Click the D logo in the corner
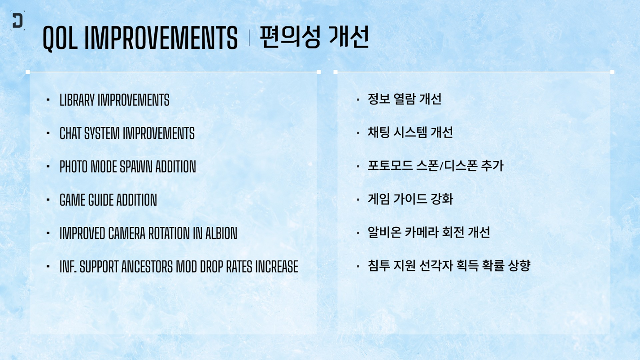[x=17, y=21]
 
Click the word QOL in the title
[x=60, y=38]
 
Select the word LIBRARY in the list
[x=77, y=100]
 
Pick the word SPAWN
[x=136, y=167]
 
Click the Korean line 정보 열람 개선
[x=405, y=99]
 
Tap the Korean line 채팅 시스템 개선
[x=410, y=132]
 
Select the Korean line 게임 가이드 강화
[x=410, y=199]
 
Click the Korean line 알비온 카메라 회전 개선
[x=429, y=232]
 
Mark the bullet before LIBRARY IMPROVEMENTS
[x=48, y=100]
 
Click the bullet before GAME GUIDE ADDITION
[x=48, y=200]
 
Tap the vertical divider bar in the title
[x=249, y=38]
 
